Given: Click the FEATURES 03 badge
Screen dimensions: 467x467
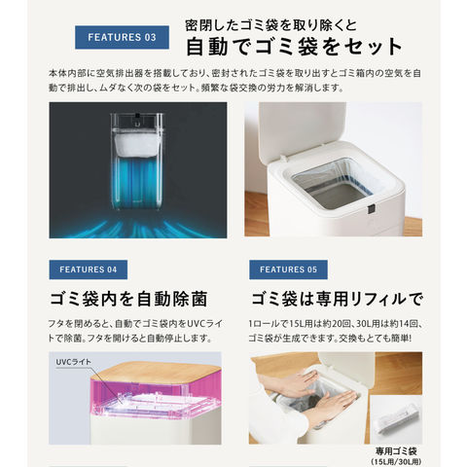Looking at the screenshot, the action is pos(122,37).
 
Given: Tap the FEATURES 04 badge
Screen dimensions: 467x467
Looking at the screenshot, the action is pos(89,269).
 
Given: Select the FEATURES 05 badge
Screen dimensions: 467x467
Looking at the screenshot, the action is pos(288,269).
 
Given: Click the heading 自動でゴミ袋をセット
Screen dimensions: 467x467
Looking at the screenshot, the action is pos(294,47).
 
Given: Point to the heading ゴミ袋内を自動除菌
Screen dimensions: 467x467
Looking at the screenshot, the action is pos(128,299).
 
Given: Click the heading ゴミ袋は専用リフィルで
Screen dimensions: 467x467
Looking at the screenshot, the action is pos(338,299).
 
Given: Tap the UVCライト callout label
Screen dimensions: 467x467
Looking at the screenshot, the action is pos(74,362).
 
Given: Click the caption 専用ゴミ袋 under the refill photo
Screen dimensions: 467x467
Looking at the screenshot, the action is pos(396,451).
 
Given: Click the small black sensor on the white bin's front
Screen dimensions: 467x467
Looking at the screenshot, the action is pos(372,209).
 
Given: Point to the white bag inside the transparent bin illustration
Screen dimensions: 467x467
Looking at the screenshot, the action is pos(137,145).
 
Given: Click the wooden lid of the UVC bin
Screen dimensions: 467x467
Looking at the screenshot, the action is pos(156,372).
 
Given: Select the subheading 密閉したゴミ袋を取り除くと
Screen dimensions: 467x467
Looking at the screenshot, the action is pos(271,25).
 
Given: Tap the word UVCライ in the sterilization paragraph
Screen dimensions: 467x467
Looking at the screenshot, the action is pos(205,324).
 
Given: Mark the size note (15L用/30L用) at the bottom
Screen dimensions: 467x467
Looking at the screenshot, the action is pos(396,462).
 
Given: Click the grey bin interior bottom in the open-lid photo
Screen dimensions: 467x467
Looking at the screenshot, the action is pos(338,194).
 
